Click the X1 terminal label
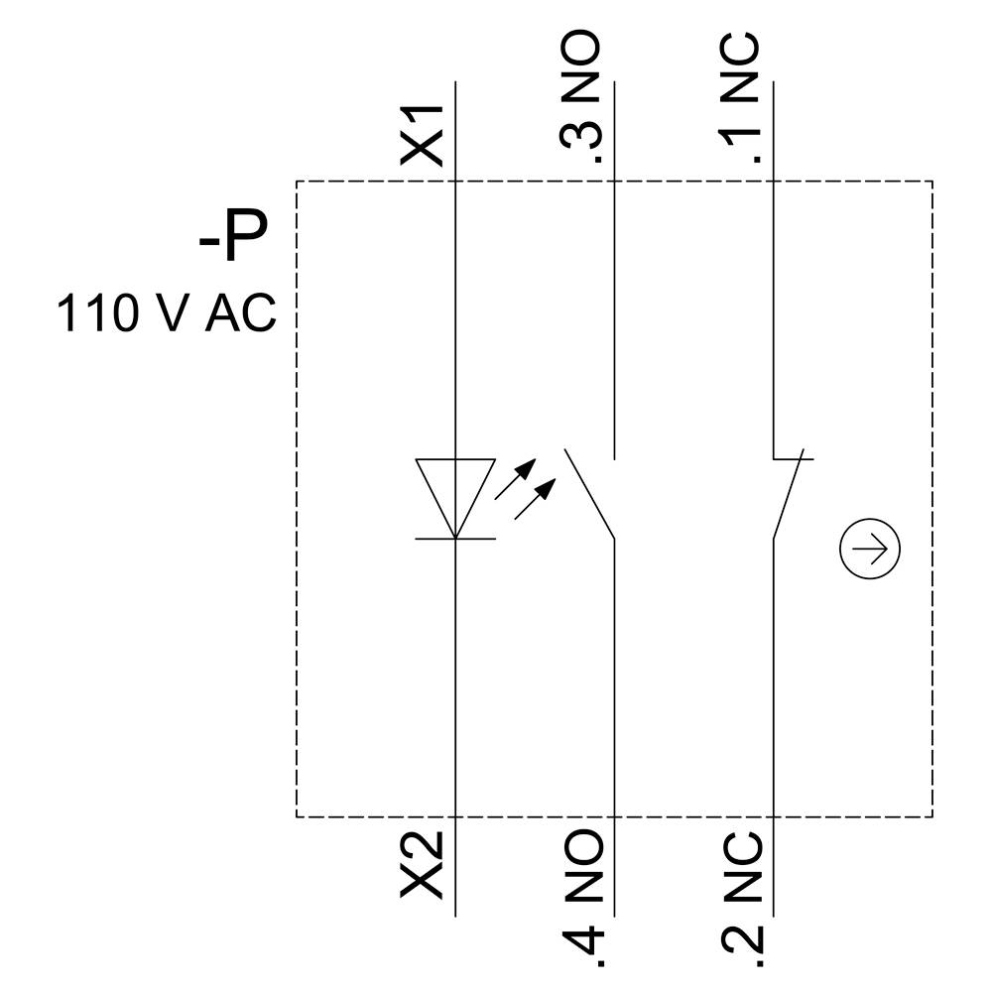point(421,135)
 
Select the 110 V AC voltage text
point(166,313)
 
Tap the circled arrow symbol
point(870,549)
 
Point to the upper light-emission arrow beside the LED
point(516,478)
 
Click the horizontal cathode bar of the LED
point(455,539)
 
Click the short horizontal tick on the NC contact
point(794,459)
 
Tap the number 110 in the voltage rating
point(97,313)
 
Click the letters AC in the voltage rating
point(241,313)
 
